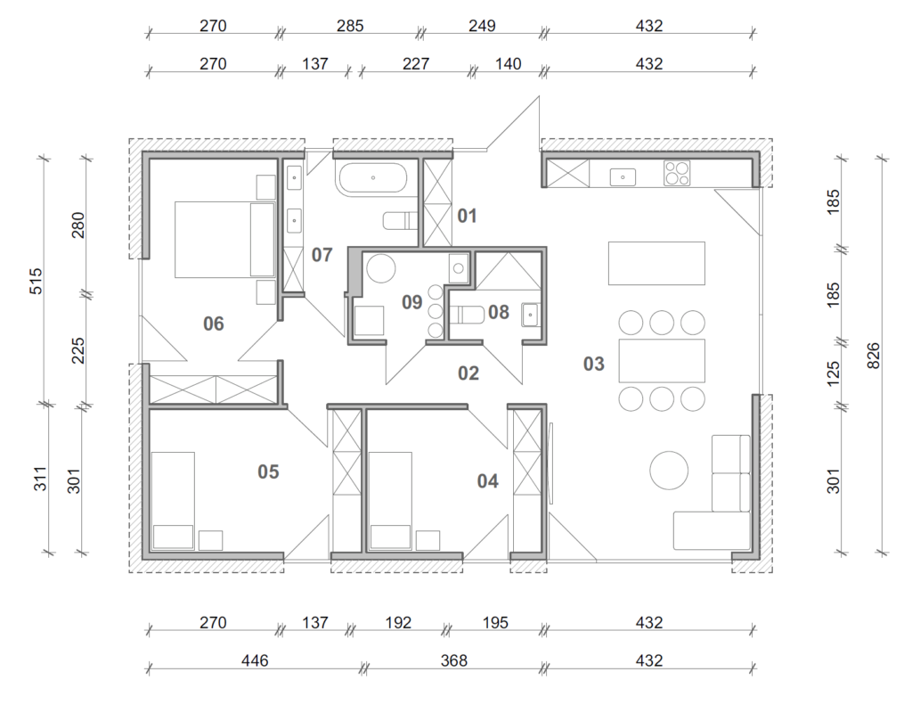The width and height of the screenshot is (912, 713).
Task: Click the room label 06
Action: (214, 324)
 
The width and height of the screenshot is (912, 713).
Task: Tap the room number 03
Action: (594, 364)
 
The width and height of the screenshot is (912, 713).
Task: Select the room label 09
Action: (411, 302)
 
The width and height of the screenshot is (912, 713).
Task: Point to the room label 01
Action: (467, 216)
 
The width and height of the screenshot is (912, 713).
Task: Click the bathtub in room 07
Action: (373, 177)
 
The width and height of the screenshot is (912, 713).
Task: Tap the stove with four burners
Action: (677, 173)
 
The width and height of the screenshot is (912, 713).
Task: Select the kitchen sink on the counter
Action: (623, 177)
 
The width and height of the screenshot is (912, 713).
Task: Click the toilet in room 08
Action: (468, 315)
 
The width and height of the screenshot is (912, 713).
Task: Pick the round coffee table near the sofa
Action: (669, 471)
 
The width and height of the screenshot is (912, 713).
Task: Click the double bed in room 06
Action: (224, 239)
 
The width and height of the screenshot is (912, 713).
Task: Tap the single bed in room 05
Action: (173, 501)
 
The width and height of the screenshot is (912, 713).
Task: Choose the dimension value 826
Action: (873, 356)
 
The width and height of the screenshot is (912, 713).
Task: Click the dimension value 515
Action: (36, 281)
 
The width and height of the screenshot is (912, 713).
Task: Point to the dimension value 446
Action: (255, 660)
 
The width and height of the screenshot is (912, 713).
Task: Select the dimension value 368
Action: (453, 660)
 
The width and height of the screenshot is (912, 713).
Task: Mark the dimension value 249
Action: (482, 26)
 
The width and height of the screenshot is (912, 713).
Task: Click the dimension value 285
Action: (350, 26)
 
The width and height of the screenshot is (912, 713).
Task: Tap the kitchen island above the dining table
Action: (656, 263)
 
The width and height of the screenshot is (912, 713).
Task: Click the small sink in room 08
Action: (530, 315)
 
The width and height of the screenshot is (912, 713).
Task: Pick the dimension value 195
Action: (495, 623)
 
